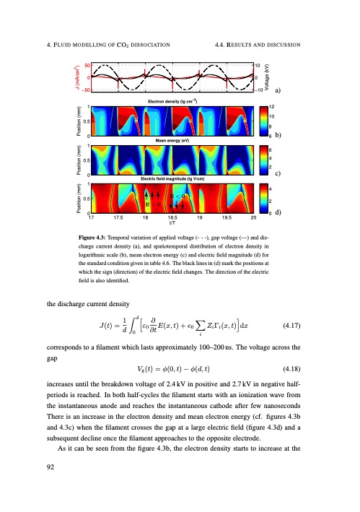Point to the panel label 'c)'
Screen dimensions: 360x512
click(278, 174)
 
